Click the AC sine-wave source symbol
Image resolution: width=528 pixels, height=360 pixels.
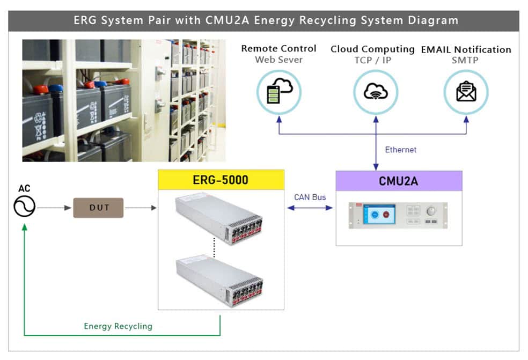[x=24, y=207]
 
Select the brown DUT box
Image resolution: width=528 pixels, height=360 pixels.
[x=98, y=208]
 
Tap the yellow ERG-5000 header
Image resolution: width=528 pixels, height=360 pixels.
[x=221, y=180]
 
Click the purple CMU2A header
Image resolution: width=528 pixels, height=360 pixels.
[x=399, y=181]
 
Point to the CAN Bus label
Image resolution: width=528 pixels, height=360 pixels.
[x=310, y=197]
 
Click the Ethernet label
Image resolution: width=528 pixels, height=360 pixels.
[x=400, y=150]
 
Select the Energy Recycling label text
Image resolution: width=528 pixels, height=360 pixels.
[x=118, y=326]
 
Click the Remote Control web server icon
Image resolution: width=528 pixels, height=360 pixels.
[x=278, y=92]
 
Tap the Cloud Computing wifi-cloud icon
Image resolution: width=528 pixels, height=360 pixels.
[x=376, y=92]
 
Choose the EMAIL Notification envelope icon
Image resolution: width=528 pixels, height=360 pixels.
[x=466, y=92]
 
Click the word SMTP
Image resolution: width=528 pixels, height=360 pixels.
[x=466, y=60]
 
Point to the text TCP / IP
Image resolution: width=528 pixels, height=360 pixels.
[x=373, y=60]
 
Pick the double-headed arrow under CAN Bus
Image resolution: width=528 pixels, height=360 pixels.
[x=310, y=208]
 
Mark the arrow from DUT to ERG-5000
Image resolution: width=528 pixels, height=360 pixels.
[x=140, y=207]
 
